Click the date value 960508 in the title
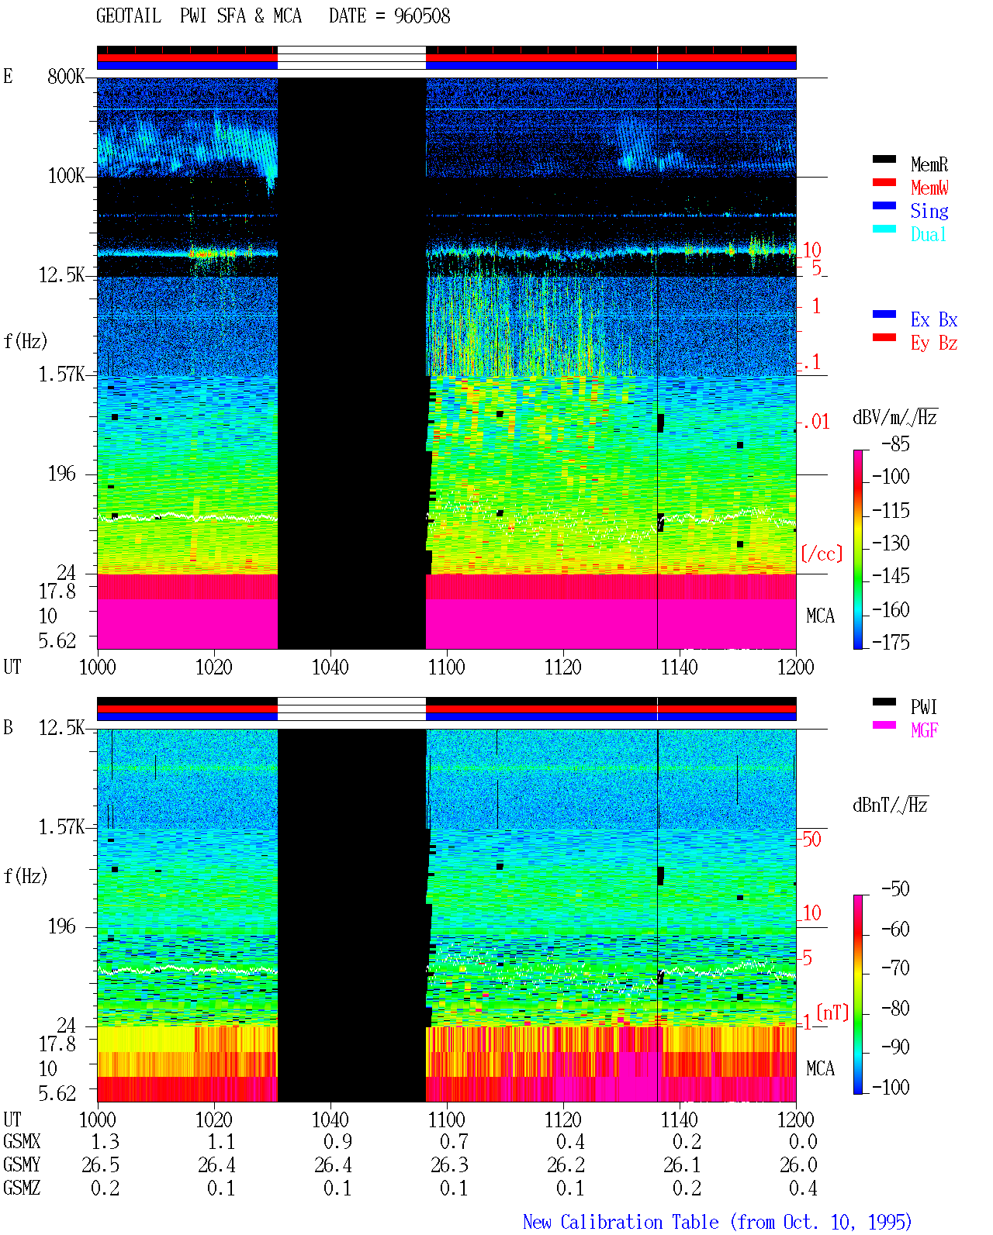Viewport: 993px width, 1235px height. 421,16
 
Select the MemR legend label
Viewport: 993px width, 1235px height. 929,164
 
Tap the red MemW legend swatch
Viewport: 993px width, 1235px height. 884,182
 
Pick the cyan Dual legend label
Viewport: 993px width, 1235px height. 928,235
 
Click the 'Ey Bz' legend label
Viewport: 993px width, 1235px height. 933,343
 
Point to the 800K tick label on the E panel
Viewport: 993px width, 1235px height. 65,76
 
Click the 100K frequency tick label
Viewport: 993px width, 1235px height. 66,176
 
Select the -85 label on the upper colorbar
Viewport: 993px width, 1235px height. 895,443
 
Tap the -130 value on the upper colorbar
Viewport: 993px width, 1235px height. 891,543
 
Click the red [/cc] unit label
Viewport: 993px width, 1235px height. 822,554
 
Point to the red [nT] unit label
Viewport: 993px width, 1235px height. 832,1013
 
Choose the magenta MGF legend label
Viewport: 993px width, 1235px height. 924,730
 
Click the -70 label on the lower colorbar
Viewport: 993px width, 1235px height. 895,968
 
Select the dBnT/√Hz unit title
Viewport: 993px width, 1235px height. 891,805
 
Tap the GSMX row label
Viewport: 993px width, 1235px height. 22,1142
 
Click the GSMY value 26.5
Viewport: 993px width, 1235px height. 101,1165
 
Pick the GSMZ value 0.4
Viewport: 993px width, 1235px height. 803,1188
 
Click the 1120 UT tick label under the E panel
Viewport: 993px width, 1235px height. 563,668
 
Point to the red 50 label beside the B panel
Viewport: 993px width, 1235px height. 811,840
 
